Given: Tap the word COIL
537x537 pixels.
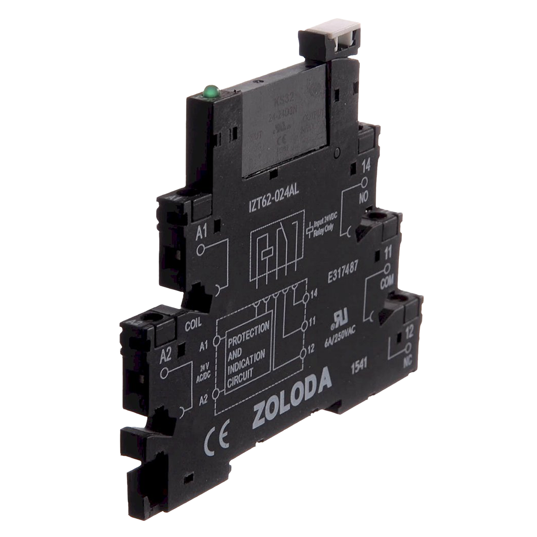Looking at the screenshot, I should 193,324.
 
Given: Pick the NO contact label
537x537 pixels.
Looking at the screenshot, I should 364,197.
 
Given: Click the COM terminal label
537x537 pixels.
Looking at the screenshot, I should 387,283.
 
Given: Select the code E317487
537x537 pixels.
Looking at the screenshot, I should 342,273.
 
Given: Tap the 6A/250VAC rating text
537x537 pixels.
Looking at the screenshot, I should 340,337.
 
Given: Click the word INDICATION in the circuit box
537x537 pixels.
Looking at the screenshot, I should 246,361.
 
